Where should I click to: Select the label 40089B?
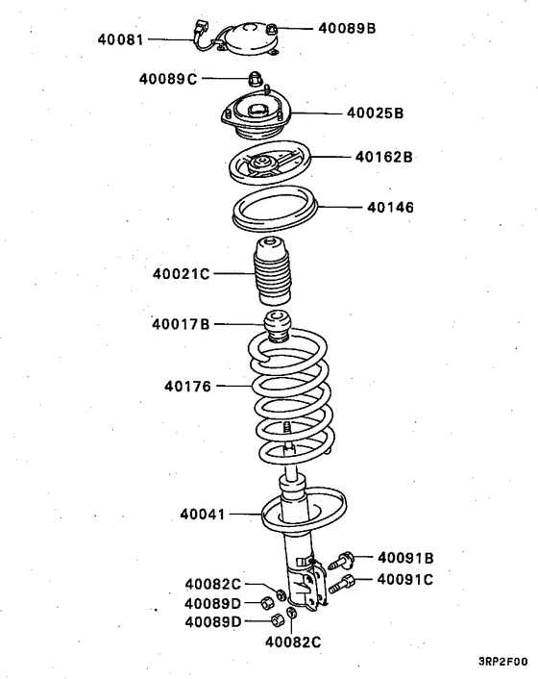[347, 29]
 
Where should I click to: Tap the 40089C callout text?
[166, 79]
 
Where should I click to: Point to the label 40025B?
[375, 113]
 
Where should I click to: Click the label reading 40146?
[389, 206]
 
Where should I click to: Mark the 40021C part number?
[181, 274]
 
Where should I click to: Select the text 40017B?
[180, 324]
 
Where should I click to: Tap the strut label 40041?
[203, 515]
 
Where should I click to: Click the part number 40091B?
[405, 557]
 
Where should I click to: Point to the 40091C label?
[404, 579]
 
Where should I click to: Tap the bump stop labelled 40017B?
[278, 327]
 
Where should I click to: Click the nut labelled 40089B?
[275, 29]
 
